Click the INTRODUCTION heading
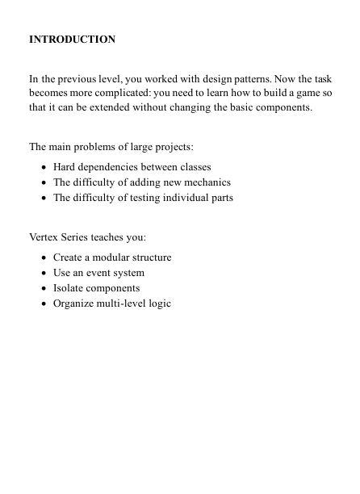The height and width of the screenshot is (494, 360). coord(72,39)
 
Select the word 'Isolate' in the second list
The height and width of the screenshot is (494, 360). coord(69,288)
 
